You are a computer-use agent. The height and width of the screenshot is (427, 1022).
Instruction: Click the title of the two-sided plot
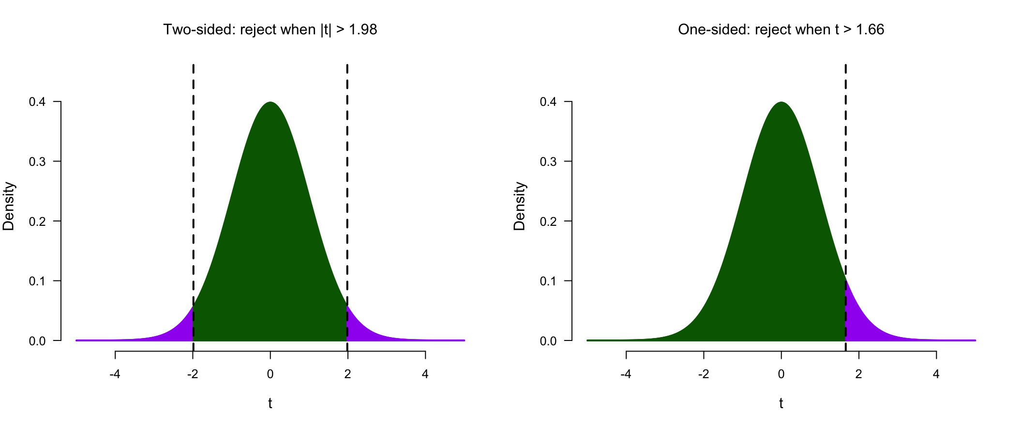coord(270,30)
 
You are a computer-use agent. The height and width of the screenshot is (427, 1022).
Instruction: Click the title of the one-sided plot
coord(781,30)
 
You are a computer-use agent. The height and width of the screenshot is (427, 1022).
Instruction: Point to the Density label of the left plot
coord(9,206)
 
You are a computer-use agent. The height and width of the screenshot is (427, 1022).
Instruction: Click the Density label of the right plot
coord(519,206)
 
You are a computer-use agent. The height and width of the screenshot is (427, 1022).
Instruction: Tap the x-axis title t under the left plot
coord(270,403)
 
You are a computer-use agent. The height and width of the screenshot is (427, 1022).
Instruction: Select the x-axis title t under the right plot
coord(781,403)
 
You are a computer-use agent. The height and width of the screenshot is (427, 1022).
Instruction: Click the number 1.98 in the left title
coord(363,30)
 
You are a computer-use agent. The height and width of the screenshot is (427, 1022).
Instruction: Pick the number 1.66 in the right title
coord(870,30)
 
